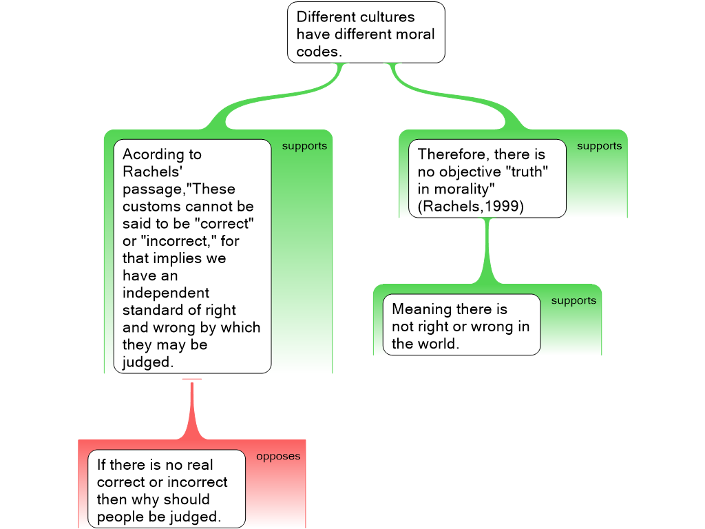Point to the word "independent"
tap(165, 293)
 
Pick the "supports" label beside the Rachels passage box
tap(304, 146)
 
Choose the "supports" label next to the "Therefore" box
tap(599, 146)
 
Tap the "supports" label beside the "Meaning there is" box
tap(574, 301)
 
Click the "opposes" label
tap(278, 456)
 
